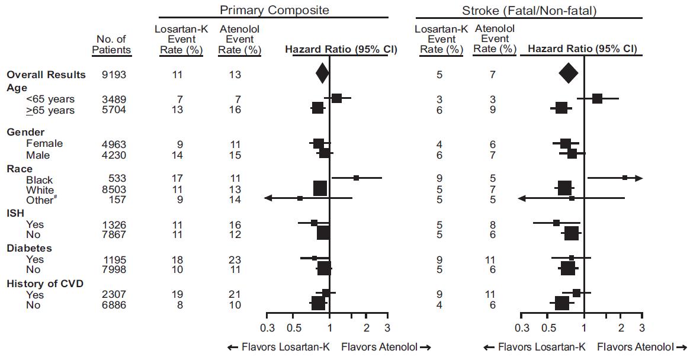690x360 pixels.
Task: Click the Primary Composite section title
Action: (274, 11)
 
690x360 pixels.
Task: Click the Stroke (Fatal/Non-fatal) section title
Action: (529, 11)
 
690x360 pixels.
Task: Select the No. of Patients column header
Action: (111, 44)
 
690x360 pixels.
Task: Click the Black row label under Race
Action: (39, 179)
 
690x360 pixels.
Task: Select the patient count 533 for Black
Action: (117, 179)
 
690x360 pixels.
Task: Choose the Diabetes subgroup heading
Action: (29, 248)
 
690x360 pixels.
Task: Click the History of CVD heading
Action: (44, 284)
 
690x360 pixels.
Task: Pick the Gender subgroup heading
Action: (25, 132)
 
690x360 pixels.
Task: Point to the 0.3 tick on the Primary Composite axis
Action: (268, 329)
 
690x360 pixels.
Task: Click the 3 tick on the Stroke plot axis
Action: (641, 329)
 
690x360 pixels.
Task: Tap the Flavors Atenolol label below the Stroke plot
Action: (641, 348)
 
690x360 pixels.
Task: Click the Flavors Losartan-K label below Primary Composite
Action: (280, 348)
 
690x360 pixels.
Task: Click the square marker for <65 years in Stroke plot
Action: (597, 98)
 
